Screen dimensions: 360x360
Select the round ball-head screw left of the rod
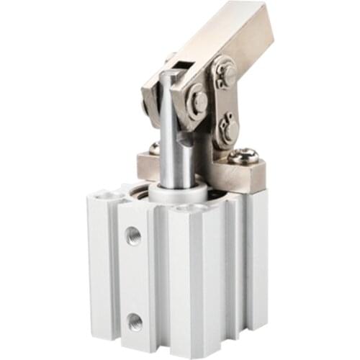[153, 148]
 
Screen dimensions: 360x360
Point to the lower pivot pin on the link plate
[229, 129]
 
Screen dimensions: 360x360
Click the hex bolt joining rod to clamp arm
[198, 102]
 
